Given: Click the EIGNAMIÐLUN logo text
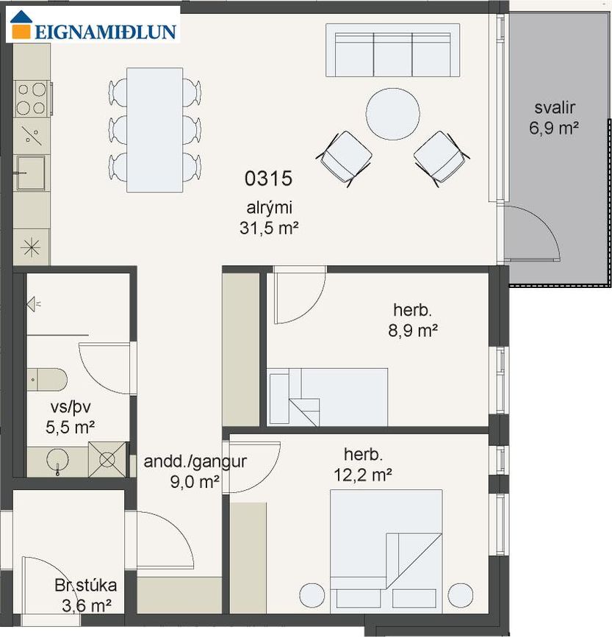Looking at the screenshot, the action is pos(106,32).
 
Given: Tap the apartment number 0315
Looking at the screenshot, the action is pos(268,179).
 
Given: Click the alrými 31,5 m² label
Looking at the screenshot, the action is pos(269,217).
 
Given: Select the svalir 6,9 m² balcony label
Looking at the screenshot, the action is pos(554,118).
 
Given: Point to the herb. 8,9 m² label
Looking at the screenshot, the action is pos(413,320).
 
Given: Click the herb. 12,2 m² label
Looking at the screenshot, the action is pos(363,464).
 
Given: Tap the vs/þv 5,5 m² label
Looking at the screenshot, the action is pos(71,417).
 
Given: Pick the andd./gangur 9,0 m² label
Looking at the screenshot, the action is pos(195,472).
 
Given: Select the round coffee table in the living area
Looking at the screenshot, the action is pos(393,114).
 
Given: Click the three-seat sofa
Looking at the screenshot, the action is pos(393,50).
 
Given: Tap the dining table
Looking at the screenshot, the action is pos(155,129).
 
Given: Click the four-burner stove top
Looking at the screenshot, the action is pos(32,98).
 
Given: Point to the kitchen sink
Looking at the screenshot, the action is pos(30,173).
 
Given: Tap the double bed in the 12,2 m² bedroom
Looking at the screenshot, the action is pos(386,551).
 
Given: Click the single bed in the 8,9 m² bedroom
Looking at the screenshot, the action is pos(328,397).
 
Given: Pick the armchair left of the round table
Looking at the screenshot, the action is pos(345,158).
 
